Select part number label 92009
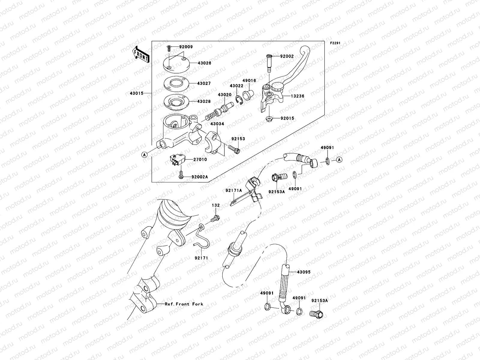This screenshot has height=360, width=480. (186, 47)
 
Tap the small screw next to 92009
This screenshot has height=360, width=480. (169, 47)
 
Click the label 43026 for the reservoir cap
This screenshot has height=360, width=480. (204, 63)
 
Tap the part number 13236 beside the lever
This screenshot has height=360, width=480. (297, 96)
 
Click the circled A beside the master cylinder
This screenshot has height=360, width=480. (144, 155)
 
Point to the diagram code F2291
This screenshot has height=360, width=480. (335, 43)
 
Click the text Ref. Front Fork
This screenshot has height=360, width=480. (184, 304)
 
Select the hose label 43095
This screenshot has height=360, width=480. (304, 272)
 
